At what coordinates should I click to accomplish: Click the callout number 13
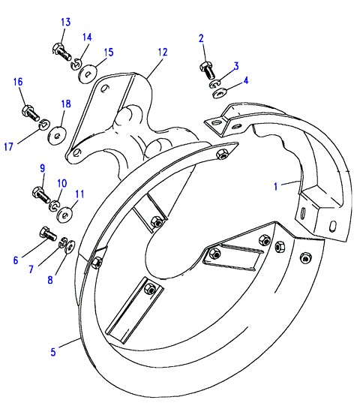pyautogui.click(x=66, y=22)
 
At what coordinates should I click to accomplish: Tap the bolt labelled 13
pyautogui.click(x=61, y=52)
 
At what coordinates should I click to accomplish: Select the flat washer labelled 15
pyautogui.click(x=88, y=74)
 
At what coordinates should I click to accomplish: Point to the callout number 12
pyautogui.click(x=163, y=52)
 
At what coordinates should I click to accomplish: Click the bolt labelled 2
pyautogui.click(x=207, y=70)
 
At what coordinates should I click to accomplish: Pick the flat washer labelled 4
pyautogui.click(x=220, y=93)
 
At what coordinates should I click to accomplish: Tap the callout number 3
pyautogui.click(x=236, y=66)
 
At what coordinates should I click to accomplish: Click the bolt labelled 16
pyautogui.click(x=31, y=113)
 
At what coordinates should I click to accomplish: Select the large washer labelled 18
pyautogui.click(x=57, y=136)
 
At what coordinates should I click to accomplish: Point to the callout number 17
pyautogui.click(x=8, y=146)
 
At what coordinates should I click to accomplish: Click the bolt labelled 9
pyautogui.click(x=40, y=195)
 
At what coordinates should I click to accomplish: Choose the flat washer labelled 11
pyautogui.click(x=64, y=214)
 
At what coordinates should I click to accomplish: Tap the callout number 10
pyautogui.click(x=62, y=183)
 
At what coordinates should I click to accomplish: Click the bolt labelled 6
pyautogui.click(x=48, y=233)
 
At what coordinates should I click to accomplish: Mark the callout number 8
pyautogui.click(x=50, y=280)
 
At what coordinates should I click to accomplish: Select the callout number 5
pyautogui.click(x=53, y=352)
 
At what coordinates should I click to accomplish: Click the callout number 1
pyautogui.click(x=276, y=186)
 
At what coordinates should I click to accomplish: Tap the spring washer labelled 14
pyautogui.click(x=76, y=65)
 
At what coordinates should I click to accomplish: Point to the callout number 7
pyautogui.click(x=31, y=269)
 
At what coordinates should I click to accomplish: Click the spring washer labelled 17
pyautogui.click(x=44, y=124)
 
